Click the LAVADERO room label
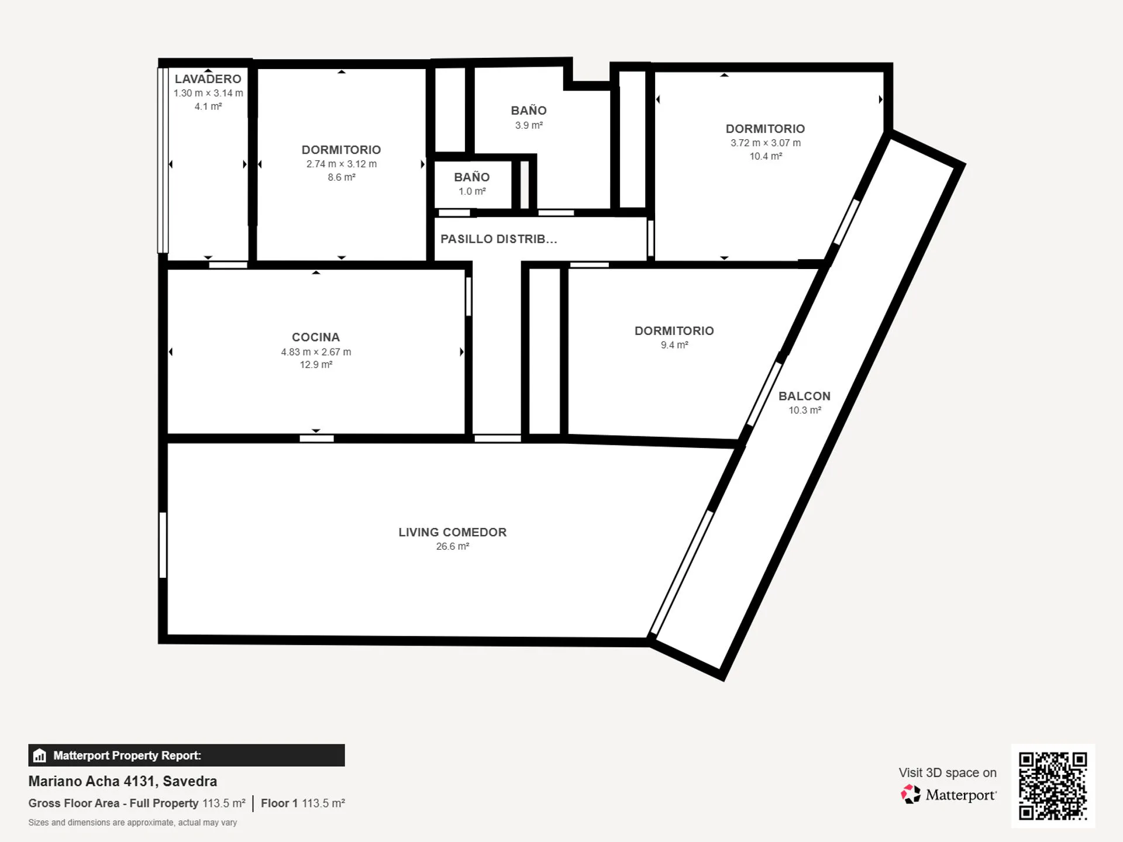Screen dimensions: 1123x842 point(208,79)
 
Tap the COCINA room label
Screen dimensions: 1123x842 point(316,337)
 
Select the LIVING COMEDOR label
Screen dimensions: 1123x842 point(453,532)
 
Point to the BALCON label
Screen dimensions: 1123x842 point(804,396)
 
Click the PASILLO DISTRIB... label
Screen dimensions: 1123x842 point(498,239)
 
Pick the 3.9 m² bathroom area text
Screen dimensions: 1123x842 point(529,125)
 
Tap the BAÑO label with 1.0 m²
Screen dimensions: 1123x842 point(472,177)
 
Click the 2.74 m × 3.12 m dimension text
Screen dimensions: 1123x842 point(342,164)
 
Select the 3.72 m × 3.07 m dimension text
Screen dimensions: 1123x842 point(766,143)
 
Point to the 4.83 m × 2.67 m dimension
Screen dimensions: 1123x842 point(316,352)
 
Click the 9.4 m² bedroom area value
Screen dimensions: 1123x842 point(674,345)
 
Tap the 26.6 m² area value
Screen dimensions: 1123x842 point(453,546)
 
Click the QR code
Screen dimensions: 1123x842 point(1053,786)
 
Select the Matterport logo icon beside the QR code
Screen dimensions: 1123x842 point(911,795)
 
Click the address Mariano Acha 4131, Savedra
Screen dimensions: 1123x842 point(123,781)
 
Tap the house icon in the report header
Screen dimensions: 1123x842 point(40,755)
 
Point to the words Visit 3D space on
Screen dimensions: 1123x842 point(948,772)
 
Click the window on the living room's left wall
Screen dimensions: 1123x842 point(163,545)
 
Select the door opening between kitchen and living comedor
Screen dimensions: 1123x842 point(316,439)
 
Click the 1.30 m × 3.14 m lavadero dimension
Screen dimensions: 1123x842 point(208,93)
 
